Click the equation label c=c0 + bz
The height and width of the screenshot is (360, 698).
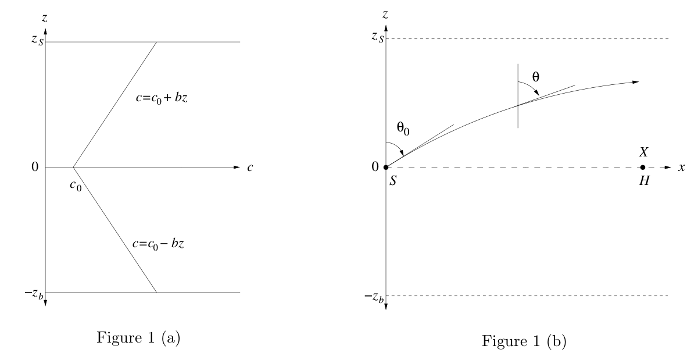tap(162, 98)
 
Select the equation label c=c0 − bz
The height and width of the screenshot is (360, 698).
tap(158, 244)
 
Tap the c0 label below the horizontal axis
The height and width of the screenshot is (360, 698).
tap(76, 186)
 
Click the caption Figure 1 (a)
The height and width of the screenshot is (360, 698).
tap(138, 337)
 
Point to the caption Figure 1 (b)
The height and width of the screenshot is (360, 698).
tap(524, 341)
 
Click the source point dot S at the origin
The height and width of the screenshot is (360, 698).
tap(386, 167)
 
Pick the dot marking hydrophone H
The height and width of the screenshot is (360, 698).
tap(643, 167)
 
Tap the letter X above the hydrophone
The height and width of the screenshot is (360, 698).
tap(644, 152)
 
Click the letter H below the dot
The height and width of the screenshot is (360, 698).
tap(645, 181)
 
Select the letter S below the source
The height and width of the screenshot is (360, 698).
tap(393, 181)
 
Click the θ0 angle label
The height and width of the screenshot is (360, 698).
tap(403, 128)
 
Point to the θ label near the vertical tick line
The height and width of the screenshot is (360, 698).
tap(536, 77)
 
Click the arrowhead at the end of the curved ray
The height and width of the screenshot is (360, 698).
tap(635, 82)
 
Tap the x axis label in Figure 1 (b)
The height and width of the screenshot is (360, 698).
tap(682, 167)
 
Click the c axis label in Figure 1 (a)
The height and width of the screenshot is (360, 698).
tap(250, 167)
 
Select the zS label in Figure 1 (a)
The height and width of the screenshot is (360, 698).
tap(37, 40)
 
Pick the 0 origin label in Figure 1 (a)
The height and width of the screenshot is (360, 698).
tap(35, 167)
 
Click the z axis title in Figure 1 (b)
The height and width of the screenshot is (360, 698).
tap(385, 15)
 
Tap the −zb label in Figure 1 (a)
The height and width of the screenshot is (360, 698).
tap(34, 294)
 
